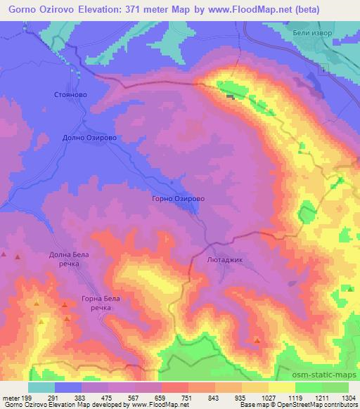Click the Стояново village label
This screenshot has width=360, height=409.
coord(69,93)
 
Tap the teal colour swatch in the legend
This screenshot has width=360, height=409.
coord(41,387)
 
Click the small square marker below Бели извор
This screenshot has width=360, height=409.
coord(323,70)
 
